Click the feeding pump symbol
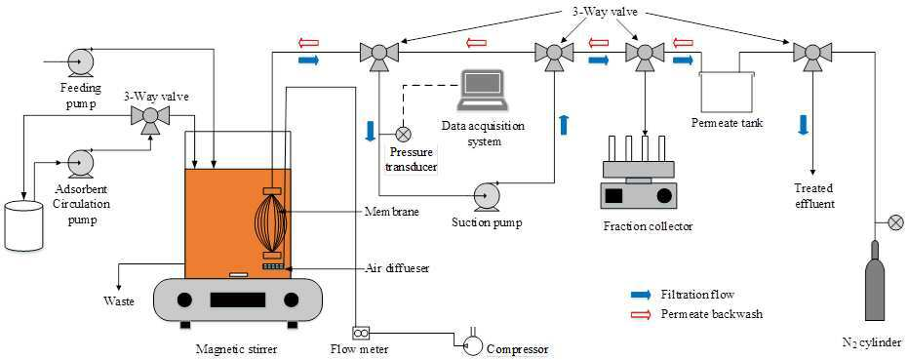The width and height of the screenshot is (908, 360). tap(77, 60)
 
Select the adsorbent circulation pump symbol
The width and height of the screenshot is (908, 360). tap(77, 164)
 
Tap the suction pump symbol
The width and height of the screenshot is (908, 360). tap(486, 196)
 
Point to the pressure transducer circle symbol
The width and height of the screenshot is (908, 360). tap(403, 135)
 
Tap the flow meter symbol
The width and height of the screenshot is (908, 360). tap(360, 333)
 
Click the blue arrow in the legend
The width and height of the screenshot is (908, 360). tap(642, 295)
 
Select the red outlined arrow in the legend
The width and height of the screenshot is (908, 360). tap(642, 313)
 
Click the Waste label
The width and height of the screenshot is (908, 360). tap(119, 301)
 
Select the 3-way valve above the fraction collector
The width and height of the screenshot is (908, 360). tap(643, 55)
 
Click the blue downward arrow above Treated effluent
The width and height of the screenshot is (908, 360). tap(803, 125)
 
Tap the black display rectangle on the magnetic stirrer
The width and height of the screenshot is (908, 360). tap(237, 300)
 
